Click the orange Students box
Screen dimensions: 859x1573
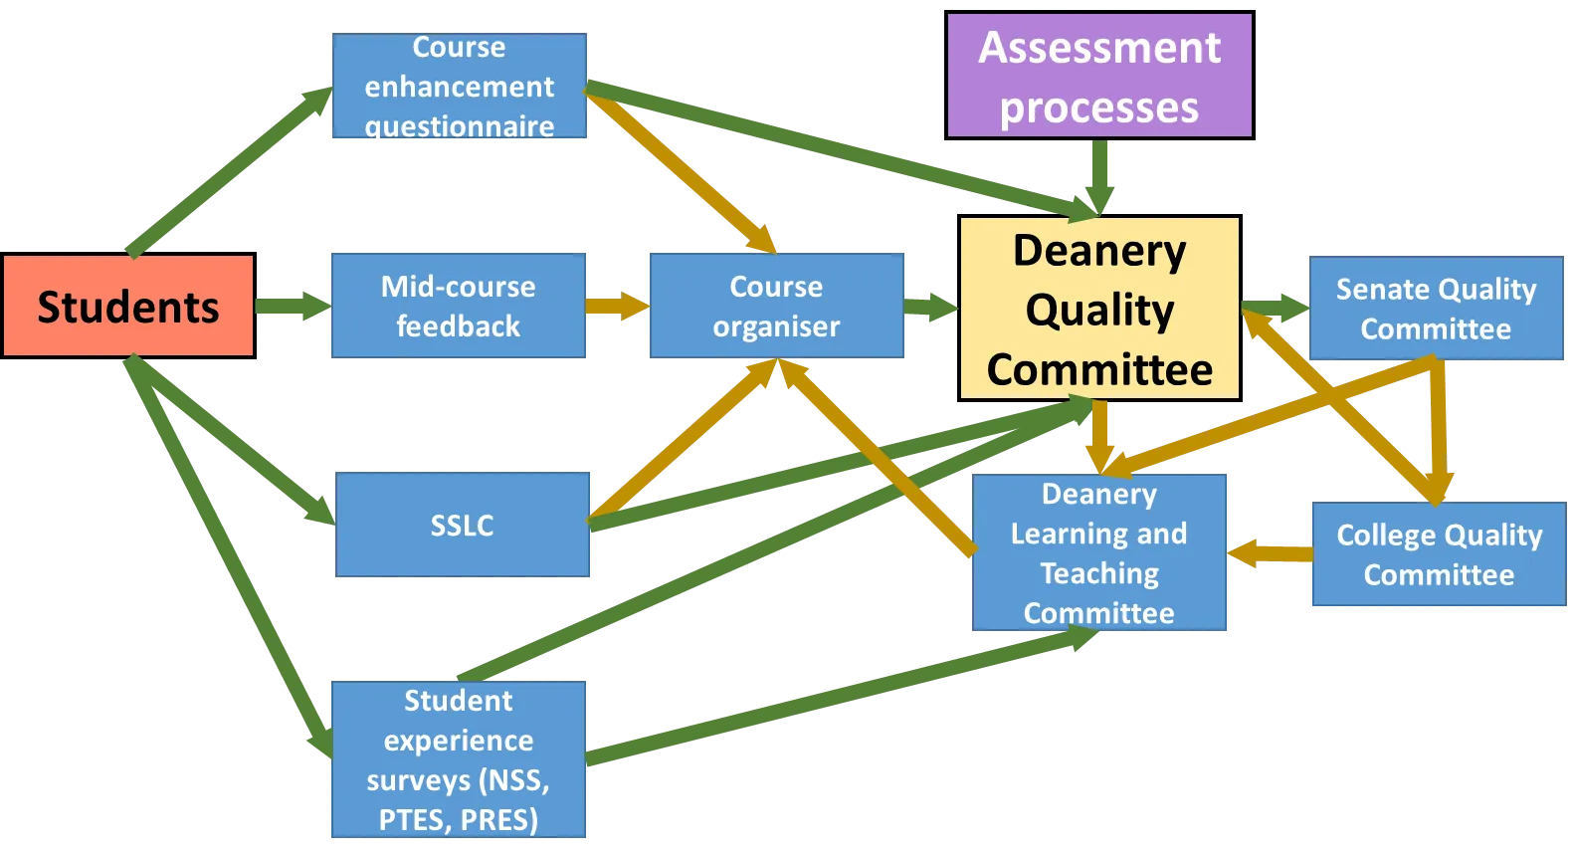pyautogui.click(x=128, y=306)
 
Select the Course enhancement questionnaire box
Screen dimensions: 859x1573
pyautogui.click(x=458, y=87)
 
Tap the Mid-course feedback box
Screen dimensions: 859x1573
pyautogui.click(x=458, y=306)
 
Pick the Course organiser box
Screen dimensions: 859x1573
pyautogui.click(x=776, y=306)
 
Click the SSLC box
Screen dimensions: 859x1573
pyautogui.click(x=464, y=525)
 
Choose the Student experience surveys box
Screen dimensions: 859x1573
pyautogui.click(x=458, y=760)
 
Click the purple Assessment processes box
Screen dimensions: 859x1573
pyautogui.click(x=1098, y=77)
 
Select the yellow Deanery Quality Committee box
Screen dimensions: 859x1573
pyautogui.click(x=1098, y=309)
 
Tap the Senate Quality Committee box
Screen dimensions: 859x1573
pyautogui.click(x=1436, y=309)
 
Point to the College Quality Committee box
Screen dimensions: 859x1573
pyautogui.click(x=1439, y=554)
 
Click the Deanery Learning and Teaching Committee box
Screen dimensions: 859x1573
pyautogui.click(x=1099, y=553)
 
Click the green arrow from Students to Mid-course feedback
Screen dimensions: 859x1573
pyautogui.click(x=291, y=306)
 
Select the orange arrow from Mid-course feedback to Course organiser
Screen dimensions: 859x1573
pyautogui.click(x=617, y=306)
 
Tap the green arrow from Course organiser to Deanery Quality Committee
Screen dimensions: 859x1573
pyautogui.click(x=931, y=306)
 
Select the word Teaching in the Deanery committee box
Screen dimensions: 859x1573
pyautogui.click(x=1099, y=573)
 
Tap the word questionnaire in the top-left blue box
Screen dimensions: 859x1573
pyautogui.click(x=459, y=126)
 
